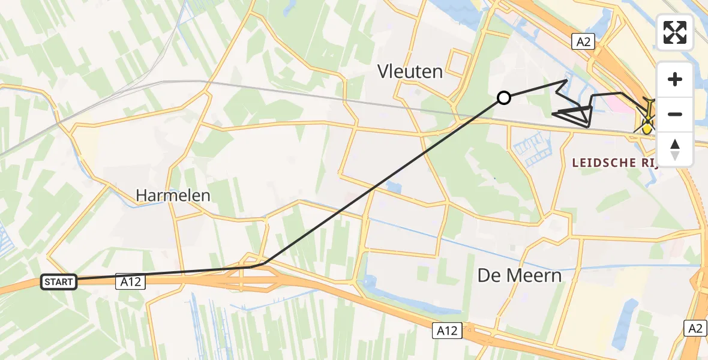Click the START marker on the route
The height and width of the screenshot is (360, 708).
[x=59, y=281]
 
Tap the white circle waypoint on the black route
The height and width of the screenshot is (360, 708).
[x=504, y=98]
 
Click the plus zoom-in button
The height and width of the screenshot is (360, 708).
[x=675, y=79]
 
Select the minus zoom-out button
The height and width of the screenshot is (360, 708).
[x=675, y=114]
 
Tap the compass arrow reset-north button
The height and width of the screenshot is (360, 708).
[x=675, y=149]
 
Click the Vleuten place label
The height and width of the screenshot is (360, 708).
[x=410, y=71]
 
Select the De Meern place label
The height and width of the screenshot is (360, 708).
[x=520, y=275]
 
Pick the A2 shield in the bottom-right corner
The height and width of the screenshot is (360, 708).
[x=695, y=328]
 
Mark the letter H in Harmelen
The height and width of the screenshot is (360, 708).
[x=142, y=195]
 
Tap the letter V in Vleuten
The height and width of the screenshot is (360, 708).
[x=383, y=71]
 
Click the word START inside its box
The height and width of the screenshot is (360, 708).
[x=59, y=281]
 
